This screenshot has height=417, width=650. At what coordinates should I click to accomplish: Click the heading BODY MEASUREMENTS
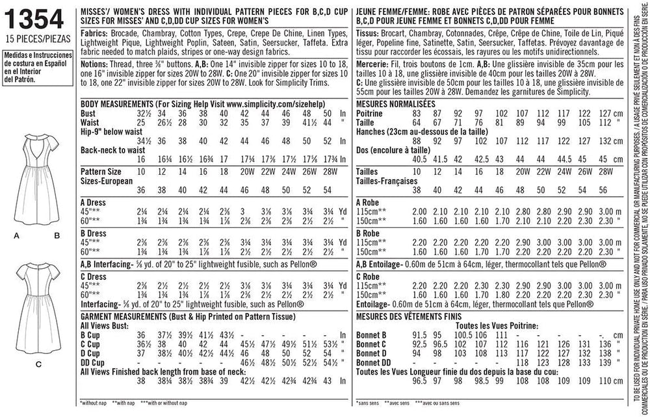point(116,104)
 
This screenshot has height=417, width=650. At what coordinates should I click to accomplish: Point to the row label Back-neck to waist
point(112,149)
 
